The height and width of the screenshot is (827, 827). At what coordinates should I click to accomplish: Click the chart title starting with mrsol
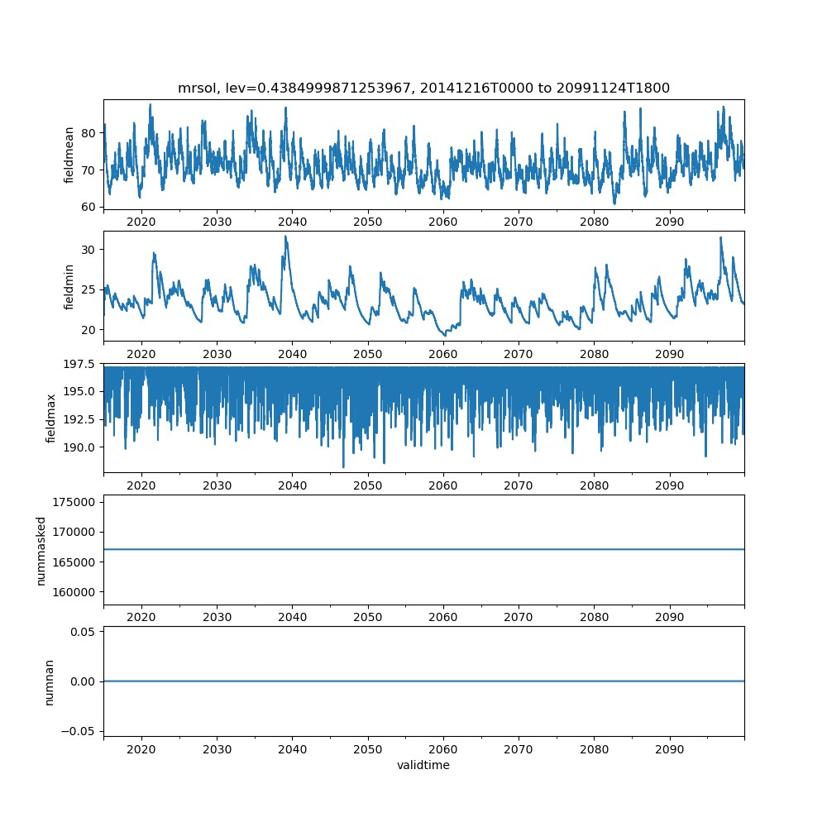423,88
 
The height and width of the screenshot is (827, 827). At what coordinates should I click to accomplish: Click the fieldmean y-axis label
69,155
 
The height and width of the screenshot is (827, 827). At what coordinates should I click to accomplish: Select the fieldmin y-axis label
69,286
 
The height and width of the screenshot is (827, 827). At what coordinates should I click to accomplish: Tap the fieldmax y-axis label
51,418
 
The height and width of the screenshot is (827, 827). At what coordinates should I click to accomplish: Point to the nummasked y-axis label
41,550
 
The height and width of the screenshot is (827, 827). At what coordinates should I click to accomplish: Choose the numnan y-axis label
49,681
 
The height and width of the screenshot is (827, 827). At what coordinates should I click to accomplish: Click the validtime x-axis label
423,765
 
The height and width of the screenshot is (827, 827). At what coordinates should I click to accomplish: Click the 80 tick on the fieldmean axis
88,132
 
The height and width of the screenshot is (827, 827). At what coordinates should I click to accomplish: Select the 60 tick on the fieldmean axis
88,207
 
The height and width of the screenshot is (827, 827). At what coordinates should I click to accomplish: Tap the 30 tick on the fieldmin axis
88,250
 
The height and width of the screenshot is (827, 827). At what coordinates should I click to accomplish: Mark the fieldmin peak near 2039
285,237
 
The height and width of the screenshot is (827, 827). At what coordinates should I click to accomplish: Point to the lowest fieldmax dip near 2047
343,467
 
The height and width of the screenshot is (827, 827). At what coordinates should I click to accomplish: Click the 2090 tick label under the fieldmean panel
669,222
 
